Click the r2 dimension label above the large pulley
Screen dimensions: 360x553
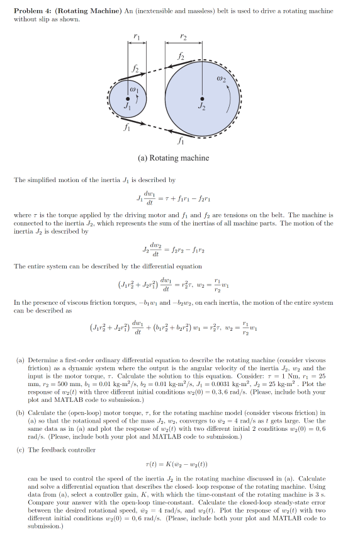coord(183,36)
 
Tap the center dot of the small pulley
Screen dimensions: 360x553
coord(130,98)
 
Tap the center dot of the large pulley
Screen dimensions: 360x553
coord(202,98)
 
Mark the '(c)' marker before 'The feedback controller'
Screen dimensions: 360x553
coord(20,450)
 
